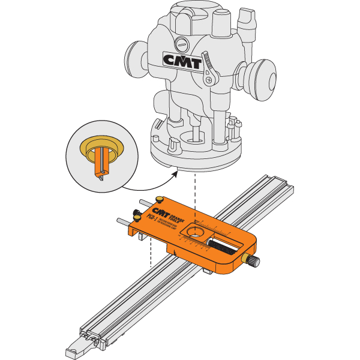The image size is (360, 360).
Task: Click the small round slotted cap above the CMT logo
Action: [182, 43]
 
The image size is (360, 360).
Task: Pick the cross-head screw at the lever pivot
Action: [209, 79]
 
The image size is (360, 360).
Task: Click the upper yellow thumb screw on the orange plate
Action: [160, 199]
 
